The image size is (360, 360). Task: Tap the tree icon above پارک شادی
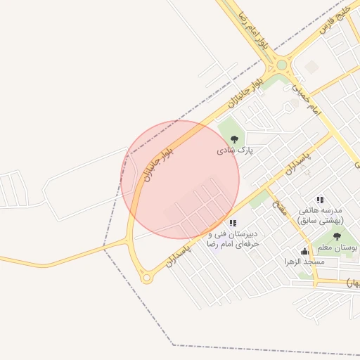coord(234,139)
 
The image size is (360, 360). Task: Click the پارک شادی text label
coord(234,150)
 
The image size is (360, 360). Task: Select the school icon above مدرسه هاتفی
coord(320,200)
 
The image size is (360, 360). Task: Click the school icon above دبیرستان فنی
coord(233,223)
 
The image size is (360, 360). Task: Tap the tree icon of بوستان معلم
coord(337,237)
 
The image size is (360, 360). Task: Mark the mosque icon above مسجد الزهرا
coord(304,251)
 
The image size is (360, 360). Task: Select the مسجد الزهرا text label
coord(304,262)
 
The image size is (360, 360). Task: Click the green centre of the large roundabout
coord(281,65)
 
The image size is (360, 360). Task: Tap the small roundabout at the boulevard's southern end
coord(146,278)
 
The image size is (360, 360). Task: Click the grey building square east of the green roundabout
coord(311,66)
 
